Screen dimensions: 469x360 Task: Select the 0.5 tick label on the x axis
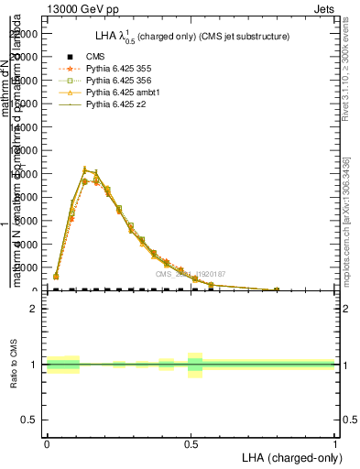[191, 444]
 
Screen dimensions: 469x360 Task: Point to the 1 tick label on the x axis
[335, 444]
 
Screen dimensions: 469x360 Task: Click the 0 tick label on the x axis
[47, 444]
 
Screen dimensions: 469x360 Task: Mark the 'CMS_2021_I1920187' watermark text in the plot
[190, 274]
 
